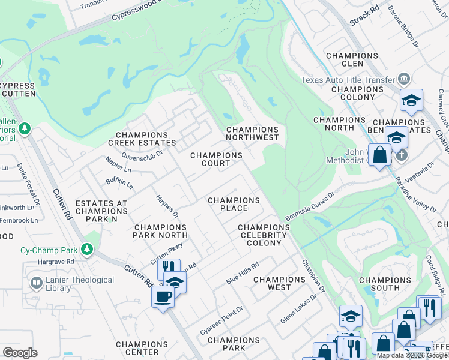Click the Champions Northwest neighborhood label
252,133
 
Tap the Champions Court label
216,159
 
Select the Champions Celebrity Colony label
264,235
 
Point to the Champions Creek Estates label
142,139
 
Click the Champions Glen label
352,60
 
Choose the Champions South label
384,284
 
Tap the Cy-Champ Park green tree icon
88,248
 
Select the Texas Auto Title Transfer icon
403,79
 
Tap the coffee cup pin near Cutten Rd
162,296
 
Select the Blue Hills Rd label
242,274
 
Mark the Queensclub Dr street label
142,155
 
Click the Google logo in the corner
20,353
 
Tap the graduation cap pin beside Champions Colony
411,100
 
